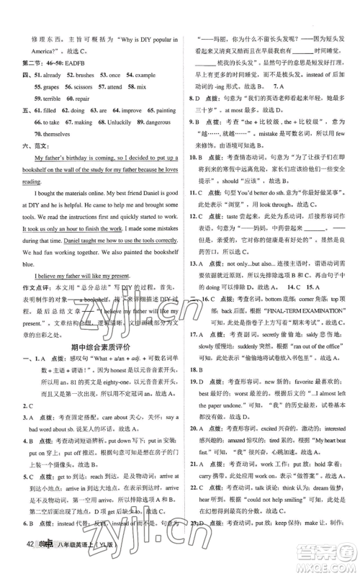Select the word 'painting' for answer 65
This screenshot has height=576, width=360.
click(161, 112)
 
